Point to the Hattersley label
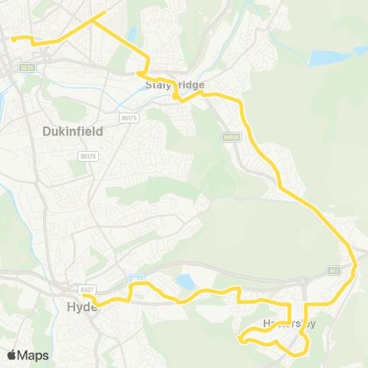tap(288, 323)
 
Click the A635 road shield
tap(28, 68)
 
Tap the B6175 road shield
tap(129, 117)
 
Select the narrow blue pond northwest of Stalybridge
tap(132, 34)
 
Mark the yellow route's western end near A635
tap(11, 36)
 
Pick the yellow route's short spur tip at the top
tap(104, 12)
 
